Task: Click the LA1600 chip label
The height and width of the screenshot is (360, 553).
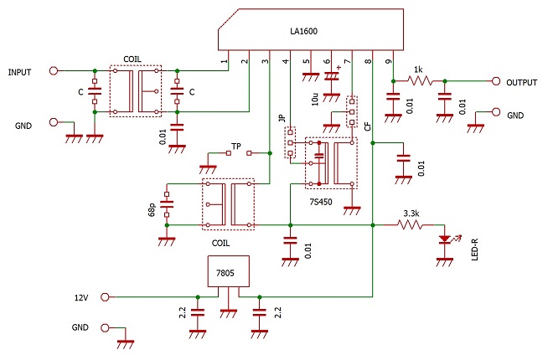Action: point(303,31)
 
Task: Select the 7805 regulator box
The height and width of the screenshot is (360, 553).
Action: point(229,271)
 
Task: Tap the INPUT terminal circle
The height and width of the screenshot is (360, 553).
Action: point(54,71)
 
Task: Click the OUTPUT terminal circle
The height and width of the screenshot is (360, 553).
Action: point(496,81)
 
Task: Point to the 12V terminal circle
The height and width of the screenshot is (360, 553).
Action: point(105,297)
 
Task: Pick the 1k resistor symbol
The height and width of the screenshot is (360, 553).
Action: point(420,81)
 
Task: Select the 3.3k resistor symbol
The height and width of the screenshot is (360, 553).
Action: point(410,224)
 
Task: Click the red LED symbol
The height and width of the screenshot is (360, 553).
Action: point(445,239)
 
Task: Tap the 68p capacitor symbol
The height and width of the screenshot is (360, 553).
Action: point(167,204)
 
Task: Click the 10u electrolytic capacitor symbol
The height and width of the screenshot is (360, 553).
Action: point(332,75)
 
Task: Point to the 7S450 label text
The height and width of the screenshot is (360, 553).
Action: point(321,203)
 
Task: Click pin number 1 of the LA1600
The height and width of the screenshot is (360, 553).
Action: point(225,61)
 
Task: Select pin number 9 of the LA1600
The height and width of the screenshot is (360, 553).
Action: point(388,61)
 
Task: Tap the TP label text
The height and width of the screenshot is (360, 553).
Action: point(236,147)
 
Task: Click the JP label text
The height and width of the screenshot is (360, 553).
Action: point(282,118)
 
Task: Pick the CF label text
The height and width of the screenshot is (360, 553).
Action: point(368,126)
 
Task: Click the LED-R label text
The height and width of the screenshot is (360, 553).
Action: point(475,249)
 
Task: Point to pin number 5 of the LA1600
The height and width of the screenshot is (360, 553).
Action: point(307,61)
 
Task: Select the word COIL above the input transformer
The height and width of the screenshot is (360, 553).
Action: point(132,59)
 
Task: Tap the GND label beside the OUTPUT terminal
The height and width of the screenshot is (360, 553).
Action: point(515,116)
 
